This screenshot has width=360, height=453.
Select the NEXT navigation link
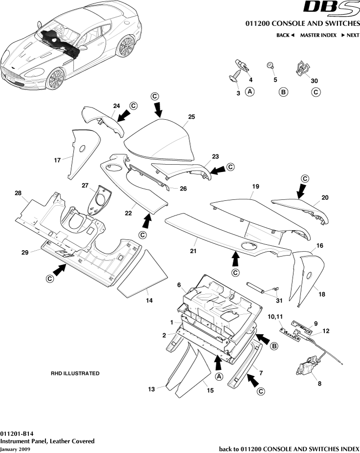click(350, 35)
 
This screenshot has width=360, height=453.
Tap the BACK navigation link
click(285, 35)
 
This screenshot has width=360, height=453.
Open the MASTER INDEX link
click(318, 35)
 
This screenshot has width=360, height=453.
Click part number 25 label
click(191, 117)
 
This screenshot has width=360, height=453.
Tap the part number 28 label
click(18, 194)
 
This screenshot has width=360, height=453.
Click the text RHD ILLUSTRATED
click(75, 373)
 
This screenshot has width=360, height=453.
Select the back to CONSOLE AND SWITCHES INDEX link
click(289, 448)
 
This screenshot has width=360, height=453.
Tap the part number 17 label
click(57, 159)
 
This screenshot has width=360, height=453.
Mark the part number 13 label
click(151, 389)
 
